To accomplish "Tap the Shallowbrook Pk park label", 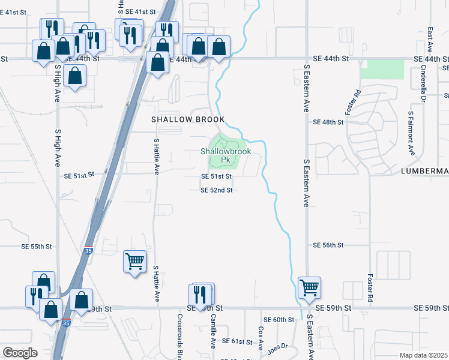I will coord(225,155).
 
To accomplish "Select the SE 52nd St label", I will coord(216,190).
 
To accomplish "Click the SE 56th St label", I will coord(328,245).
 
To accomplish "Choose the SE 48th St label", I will coord(328,122).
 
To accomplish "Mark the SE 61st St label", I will coord(237,341).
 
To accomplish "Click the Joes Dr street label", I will coord(278,347).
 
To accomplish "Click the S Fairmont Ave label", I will coord(411,132).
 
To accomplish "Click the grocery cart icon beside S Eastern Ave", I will coord(309,287).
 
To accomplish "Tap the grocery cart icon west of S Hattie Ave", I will coord(134,261).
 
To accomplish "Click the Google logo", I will coord(20,353).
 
